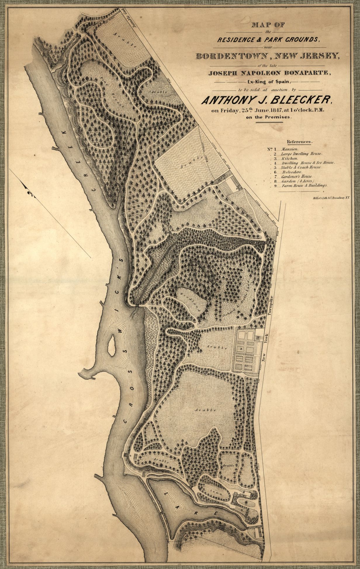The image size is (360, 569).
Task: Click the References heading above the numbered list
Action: pos(299,142)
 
